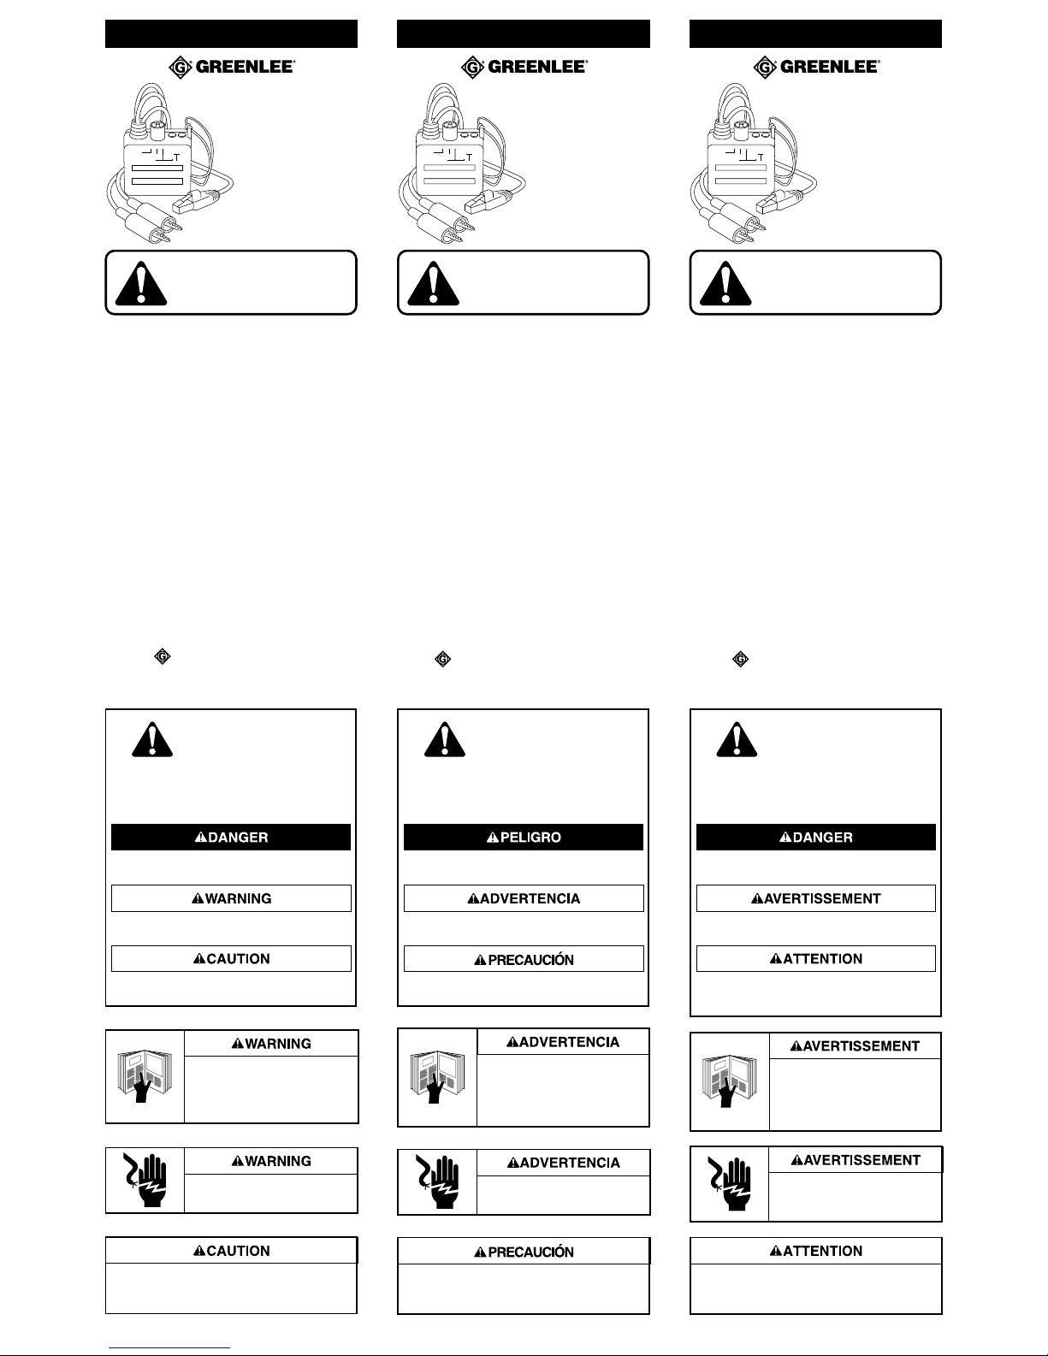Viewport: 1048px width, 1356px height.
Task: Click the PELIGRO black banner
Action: click(x=524, y=837)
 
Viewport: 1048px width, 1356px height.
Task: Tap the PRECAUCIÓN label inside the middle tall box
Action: click(x=524, y=959)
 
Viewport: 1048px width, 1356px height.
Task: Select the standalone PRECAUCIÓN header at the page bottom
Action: click(x=524, y=1251)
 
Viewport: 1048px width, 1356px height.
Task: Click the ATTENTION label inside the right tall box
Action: click(x=816, y=958)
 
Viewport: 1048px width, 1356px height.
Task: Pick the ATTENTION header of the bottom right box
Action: click(x=816, y=1251)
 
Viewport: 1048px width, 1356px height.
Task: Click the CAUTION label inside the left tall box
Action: click(x=232, y=958)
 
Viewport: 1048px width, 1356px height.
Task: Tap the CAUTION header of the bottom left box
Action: click(x=232, y=1251)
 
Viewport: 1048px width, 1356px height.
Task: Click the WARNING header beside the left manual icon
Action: click(x=271, y=1044)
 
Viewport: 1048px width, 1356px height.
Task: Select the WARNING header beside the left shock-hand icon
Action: click(x=271, y=1161)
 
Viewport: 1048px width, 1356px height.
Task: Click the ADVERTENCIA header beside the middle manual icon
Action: click(x=563, y=1041)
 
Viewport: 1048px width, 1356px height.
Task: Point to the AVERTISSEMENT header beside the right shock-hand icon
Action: click(x=856, y=1159)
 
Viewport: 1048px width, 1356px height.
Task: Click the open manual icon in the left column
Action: click(x=145, y=1075)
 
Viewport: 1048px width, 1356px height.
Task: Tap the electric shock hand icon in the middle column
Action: click(x=437, y=1181)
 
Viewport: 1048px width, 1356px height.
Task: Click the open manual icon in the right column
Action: click(x=729, y=1081)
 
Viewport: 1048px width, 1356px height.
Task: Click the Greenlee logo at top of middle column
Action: click(x=524, y=67)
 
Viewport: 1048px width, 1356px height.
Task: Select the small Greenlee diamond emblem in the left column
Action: click(x=163, y=656)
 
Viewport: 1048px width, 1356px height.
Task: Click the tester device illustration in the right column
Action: click(x=754, y=163)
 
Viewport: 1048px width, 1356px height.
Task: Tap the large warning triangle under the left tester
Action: click(x=142, y=283)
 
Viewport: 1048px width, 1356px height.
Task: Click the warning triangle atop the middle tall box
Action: click(x=445, y=739)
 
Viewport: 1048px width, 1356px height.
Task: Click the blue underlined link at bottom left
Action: click(x=169, y=1348)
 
